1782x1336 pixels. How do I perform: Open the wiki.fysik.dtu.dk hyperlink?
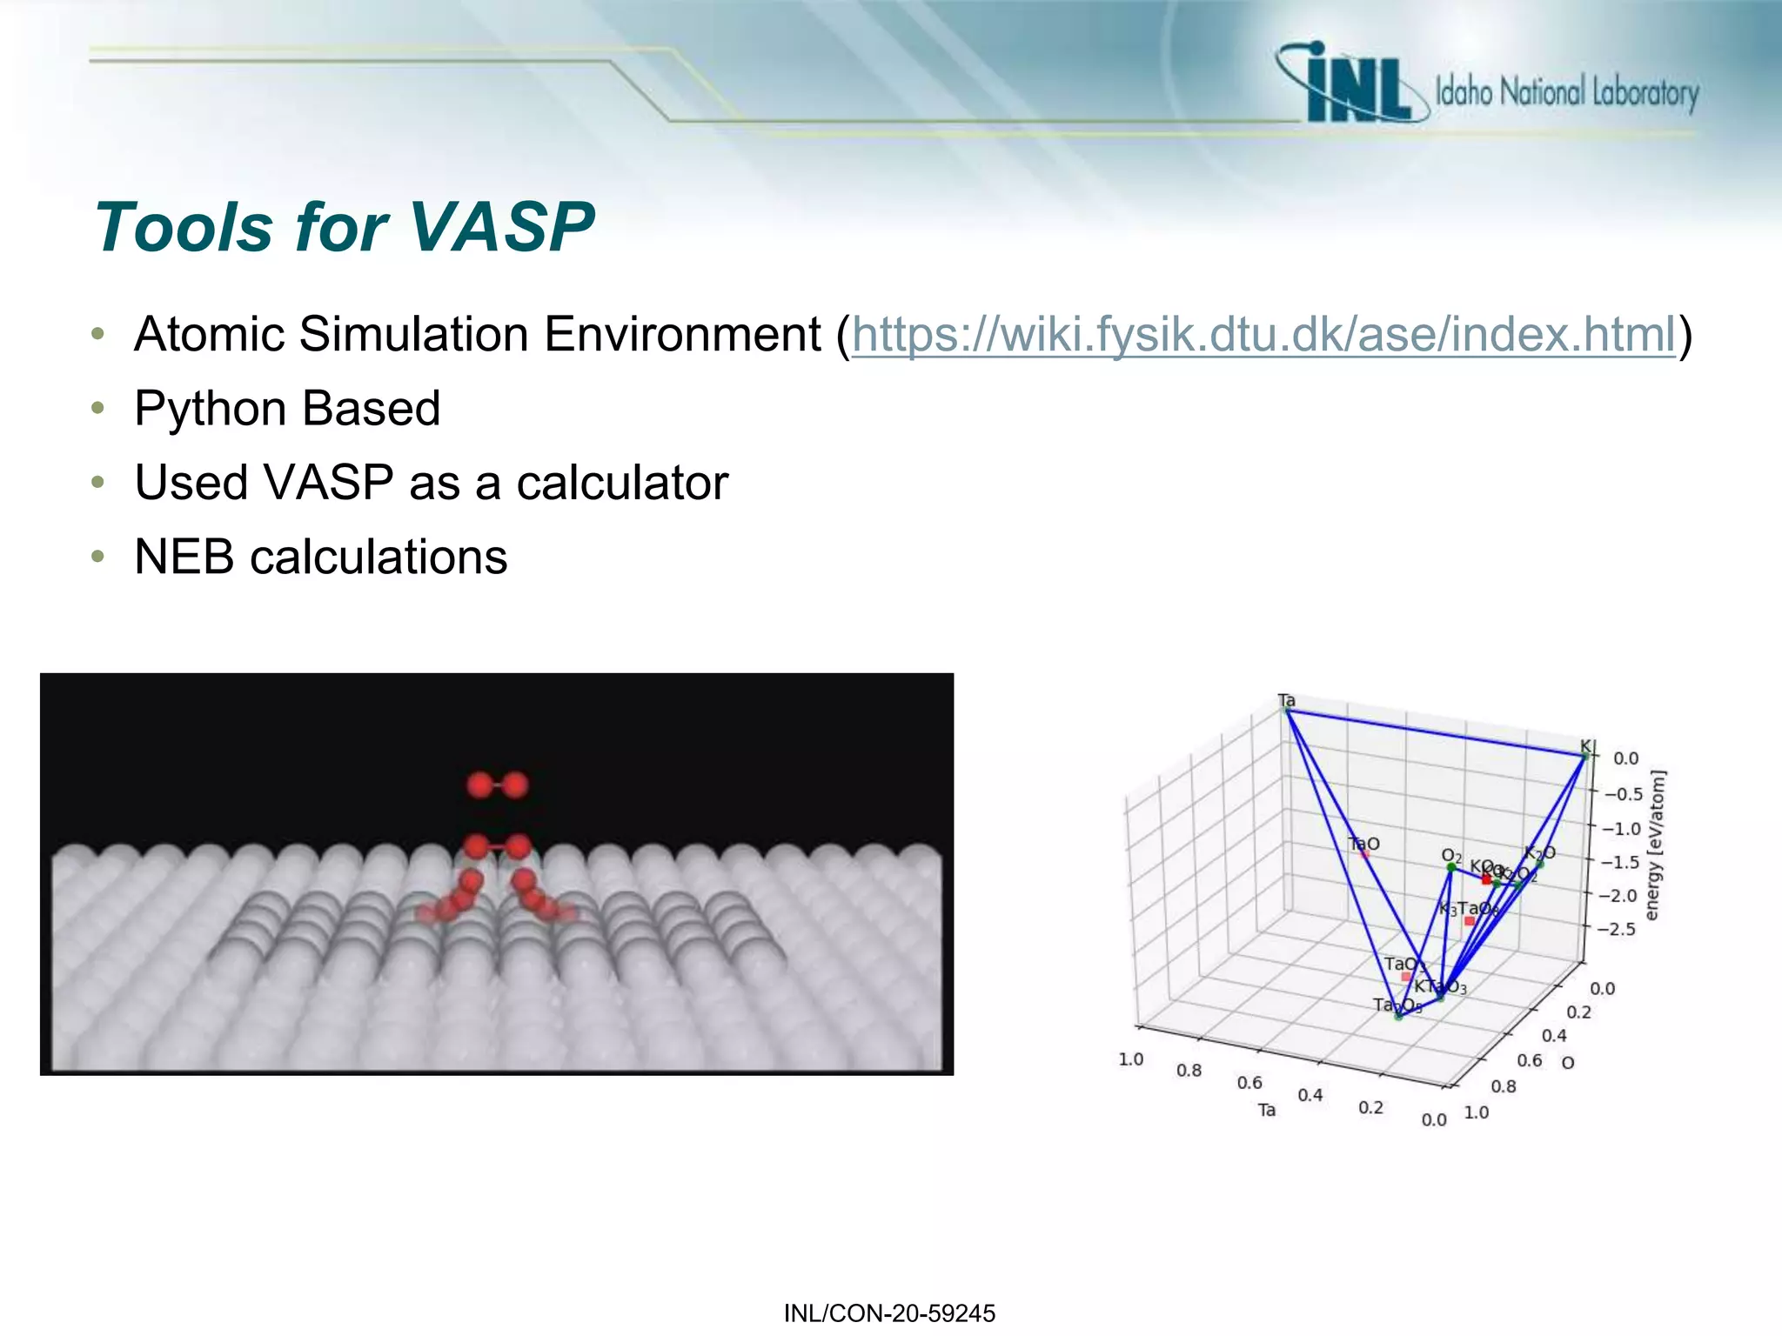1263,335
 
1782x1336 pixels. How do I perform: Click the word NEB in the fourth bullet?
184,557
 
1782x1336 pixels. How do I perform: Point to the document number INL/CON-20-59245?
889,1313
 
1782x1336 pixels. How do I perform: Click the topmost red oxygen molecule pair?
497,785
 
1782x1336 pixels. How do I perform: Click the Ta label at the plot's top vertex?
1286,700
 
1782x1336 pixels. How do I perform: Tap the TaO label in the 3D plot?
1363,844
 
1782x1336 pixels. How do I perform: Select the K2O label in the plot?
1539,853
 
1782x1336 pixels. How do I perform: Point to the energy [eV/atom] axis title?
1655,844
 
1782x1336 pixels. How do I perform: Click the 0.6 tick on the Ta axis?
1249,1082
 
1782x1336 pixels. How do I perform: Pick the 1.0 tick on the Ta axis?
1130,1059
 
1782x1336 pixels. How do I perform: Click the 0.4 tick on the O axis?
1554,1035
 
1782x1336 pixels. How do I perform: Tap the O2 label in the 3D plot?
1451,856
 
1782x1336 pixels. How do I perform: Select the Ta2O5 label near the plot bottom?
1397,1005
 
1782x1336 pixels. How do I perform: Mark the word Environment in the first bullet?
682,335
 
